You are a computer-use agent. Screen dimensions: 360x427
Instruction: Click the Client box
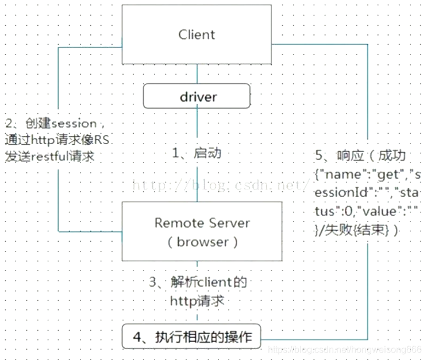click(197, 34)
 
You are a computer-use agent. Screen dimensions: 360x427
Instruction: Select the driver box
click(197, 96)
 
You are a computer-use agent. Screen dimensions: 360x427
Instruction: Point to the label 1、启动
click(198, 154)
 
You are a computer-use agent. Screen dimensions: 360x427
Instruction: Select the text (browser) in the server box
click(202, 242)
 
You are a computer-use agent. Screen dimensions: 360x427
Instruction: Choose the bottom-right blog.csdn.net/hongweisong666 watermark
click(345, 349)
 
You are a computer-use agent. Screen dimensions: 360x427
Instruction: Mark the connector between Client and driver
click(198, 74)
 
